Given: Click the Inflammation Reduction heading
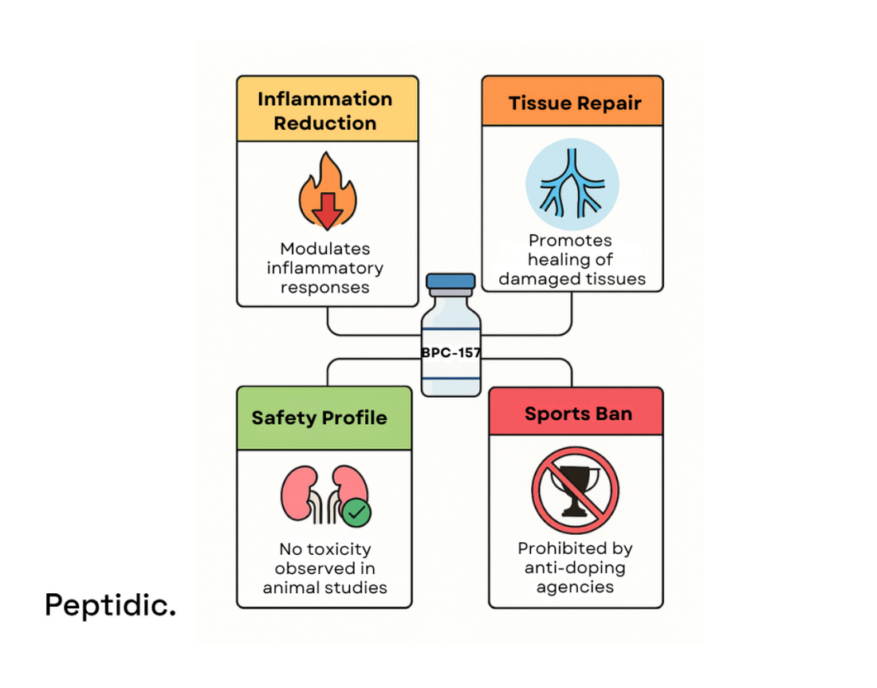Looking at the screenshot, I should tap(325, 111).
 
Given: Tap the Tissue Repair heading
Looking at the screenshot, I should tap(575, 103).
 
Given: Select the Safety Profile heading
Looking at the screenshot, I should tap(319, 418).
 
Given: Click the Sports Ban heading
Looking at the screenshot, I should tap(578, 414).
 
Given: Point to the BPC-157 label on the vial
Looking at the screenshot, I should tap(450, 352).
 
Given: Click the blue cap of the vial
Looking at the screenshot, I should tap(450, 281).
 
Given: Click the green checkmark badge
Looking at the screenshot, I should tap(356, 513).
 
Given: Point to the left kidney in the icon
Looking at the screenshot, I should tap(297, 491).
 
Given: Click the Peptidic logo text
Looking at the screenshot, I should tap(110, 605).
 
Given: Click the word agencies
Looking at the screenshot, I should tap(575, 588).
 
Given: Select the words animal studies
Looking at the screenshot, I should tap(325, 588).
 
